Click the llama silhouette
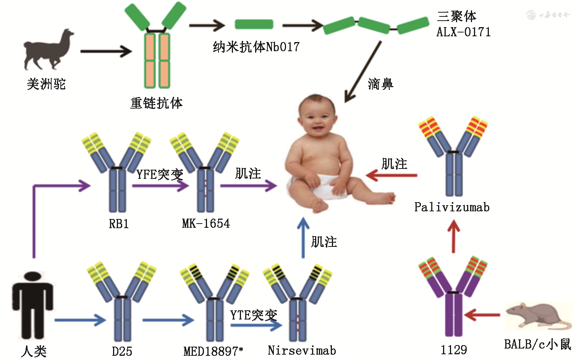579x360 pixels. point(48,50)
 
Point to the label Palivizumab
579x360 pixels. point(452,208)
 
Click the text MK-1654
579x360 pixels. point(206,224)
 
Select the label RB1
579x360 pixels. point(119,224)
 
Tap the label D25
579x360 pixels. point(122,351)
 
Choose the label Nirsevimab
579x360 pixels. point(302,350)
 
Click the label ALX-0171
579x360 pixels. point(463,32)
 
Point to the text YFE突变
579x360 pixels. point(160,175)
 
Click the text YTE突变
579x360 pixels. point(254,315)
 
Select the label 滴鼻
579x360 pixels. point(380,84)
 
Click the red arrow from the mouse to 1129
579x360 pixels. point(482,315)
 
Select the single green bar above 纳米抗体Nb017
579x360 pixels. point(254,24)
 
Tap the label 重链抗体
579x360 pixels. point(156,103)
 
